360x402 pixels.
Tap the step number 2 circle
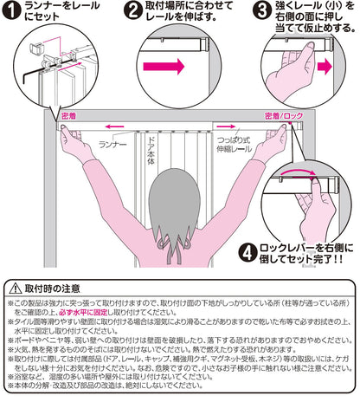coord(132,12)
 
